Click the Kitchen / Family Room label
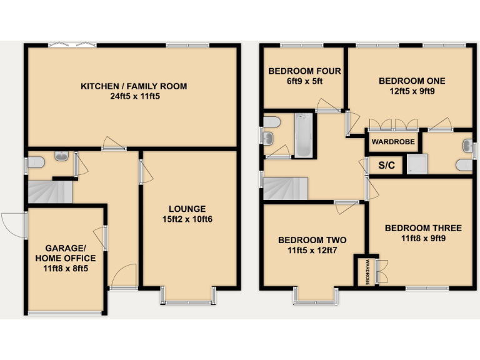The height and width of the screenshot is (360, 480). pos(133,86)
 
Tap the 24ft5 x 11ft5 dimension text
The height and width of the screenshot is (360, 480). pos(133,97)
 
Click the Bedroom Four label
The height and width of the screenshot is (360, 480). pos(304,71)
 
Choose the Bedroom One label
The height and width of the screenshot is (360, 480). pos(412,81)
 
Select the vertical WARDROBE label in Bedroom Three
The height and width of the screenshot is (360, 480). pos(368,272)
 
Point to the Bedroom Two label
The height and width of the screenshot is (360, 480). pos(312,240)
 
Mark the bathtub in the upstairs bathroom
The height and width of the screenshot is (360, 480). pos(303,134)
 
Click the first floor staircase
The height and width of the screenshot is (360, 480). pos(286,188)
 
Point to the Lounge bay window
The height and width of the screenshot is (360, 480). pos(188,296)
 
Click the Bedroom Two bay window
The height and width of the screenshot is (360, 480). pos(316,296)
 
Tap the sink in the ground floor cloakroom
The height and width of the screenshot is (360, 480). pos(62,156)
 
